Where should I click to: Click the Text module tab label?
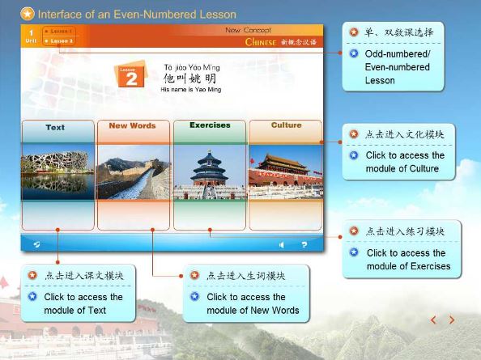[x=55, y=127]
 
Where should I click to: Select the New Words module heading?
[x=132, y=126]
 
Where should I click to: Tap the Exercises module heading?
[x=210, y=125]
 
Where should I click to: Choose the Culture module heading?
[x=286, y=125]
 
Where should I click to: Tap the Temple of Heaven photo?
[x=210, y=172]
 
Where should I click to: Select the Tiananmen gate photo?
[x=285, y=172]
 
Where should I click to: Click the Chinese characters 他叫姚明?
[x=190, y=78]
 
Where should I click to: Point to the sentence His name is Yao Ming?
[x=189, y=90]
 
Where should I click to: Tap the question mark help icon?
[x=304, y=244]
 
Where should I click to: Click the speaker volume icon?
[x=282, y=244]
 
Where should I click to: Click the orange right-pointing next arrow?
[x=452, y=320]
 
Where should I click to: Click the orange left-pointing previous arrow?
[x=433, y=320]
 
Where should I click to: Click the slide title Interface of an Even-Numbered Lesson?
[x=137, y=14]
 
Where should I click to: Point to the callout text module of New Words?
[x=253, y=310]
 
